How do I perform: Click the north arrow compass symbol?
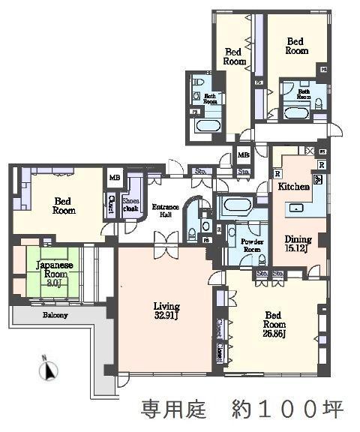coord(49,369)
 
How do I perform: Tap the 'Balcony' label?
coord(54,315)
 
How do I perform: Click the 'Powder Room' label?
coord(251,246)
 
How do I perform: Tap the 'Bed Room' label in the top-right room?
coord(296,46)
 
